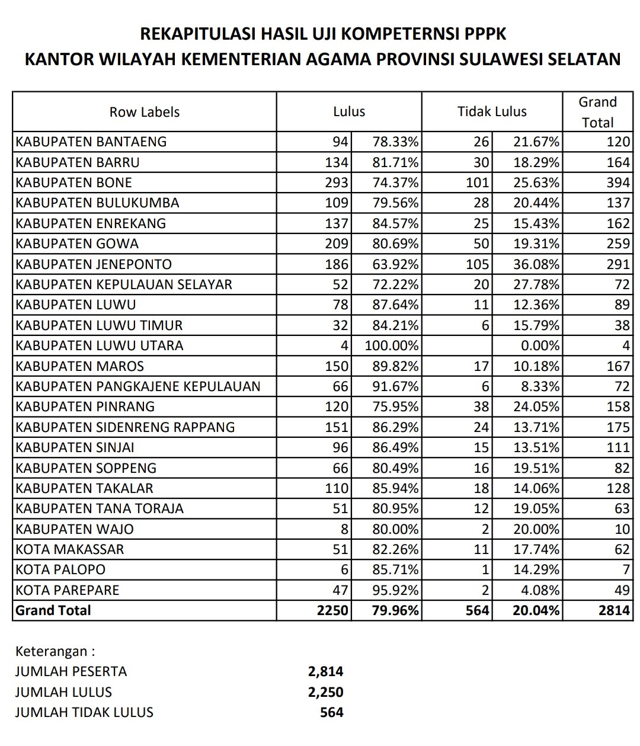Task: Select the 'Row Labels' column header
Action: pos(145,112)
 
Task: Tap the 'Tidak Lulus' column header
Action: pos(492,112)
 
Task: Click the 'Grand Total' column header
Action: pos(597,112)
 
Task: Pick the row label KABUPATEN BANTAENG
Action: pos(91,142)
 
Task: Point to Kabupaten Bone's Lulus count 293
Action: pos(337,183)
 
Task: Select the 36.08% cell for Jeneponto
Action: pos(536,264)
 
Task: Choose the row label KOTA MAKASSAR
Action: pos(70,549)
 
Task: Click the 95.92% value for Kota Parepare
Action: pos(395,590)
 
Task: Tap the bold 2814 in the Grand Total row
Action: pos(613,610)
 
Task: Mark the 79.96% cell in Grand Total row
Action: pos(394,610)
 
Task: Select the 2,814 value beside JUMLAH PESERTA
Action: pos(325,672)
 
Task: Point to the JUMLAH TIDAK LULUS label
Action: pos(84,712)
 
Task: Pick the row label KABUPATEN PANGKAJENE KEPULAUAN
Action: pos(138,386)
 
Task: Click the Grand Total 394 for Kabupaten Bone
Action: pos(617,183)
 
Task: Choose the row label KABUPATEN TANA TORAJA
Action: pos(100,508)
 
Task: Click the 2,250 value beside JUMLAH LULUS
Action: pos(325,692)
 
